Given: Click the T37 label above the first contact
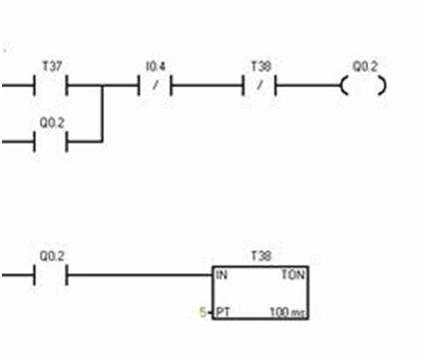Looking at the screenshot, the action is click(x=52, y=66).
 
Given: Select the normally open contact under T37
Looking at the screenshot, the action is click(x=51, y=86).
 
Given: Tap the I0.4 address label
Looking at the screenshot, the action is click(x=156, y=67).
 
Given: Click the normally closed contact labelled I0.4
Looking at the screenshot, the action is click(x=155, y=86).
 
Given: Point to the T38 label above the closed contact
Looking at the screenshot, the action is click(x=261, y=66).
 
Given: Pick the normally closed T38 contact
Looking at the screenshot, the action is click(x=259, y=86).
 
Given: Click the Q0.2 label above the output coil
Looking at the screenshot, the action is click(x=365, y=67).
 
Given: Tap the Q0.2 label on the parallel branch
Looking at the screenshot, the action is click(x=52, y=123).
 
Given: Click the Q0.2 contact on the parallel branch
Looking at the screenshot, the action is click(x=51, y=142).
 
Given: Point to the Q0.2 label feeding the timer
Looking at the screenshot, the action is click(x=52, y=256).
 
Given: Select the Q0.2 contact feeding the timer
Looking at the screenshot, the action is click(x=51, y=275).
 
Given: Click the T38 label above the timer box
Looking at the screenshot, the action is click(x=261, y=256).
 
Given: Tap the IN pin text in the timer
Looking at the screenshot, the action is click(x=221, y=275).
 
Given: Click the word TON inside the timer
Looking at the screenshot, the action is click(x=293, y=274).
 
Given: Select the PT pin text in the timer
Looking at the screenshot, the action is click(x=222, y=312).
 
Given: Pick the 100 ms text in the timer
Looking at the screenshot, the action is click(x=287, y=312).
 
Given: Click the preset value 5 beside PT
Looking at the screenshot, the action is click(x=203, y=312).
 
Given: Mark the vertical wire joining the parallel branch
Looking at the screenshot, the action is click(x=102, y=114).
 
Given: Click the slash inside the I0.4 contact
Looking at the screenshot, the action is click(x=155, y=86).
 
